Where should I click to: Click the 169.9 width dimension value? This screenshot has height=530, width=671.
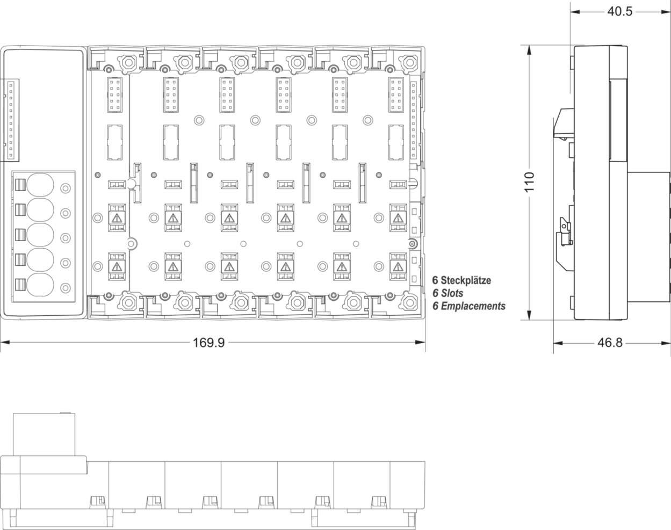208,343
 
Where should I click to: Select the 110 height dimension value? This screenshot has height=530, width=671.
530,183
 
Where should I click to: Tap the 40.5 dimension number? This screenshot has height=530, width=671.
620,11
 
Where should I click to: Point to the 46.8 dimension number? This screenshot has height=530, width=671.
610,343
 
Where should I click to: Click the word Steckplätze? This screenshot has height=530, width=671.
466,280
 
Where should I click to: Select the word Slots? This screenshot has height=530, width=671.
452,293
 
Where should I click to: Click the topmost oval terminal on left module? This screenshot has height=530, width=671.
40,185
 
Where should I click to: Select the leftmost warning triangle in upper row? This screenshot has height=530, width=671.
116,218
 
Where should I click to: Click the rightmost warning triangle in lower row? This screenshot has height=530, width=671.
398,267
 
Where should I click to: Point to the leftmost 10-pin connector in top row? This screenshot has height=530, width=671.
116,95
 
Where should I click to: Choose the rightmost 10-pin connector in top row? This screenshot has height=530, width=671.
397,95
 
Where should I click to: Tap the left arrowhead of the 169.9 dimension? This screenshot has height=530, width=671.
3,343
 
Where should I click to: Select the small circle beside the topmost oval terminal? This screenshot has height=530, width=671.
66,188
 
